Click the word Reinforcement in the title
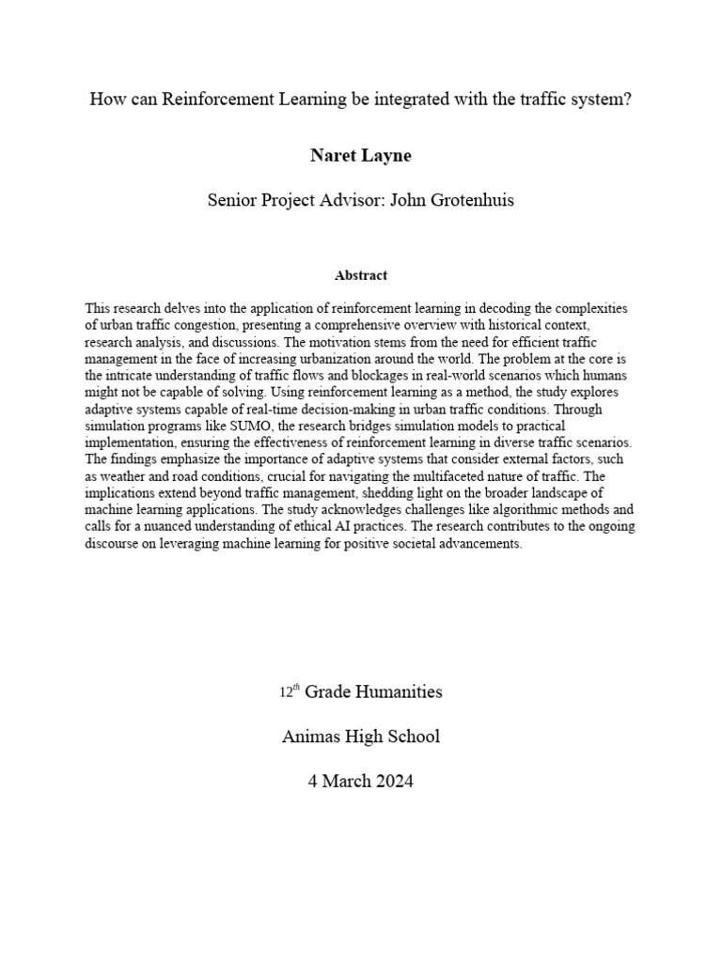[x=212, y=100]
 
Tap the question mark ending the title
[x=627, y=100]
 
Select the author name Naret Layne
[x=361, y=156]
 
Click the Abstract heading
[x=361, y=276]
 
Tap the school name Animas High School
[x=361, y=737]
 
